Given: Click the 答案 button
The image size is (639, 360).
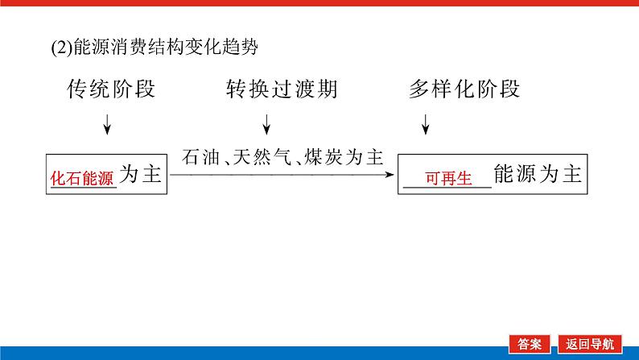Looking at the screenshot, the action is pyautogui.click(x=530, y=343).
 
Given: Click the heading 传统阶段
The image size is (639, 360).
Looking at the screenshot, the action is pyautogui.click(x=111, y=90).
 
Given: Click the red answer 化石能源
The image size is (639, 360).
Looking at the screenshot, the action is pyautogui.click(x=83, y=178).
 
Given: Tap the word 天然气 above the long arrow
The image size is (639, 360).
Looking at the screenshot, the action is pyautogui.click(x=262, y=156).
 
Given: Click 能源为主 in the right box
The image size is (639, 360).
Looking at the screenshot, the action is pyautogui.click(x=538, y=176).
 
